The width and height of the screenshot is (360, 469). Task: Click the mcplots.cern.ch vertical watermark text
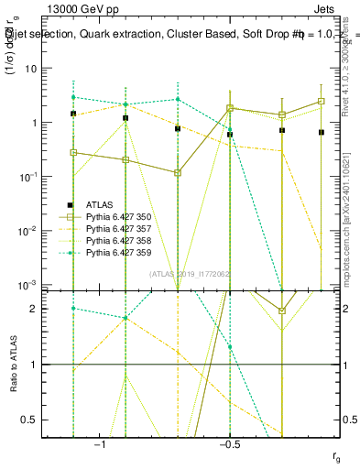[x=345, y=229]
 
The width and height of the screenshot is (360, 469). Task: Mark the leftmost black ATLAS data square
[x=73, y=114]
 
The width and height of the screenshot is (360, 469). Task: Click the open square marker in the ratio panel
[x=282, y=311]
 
